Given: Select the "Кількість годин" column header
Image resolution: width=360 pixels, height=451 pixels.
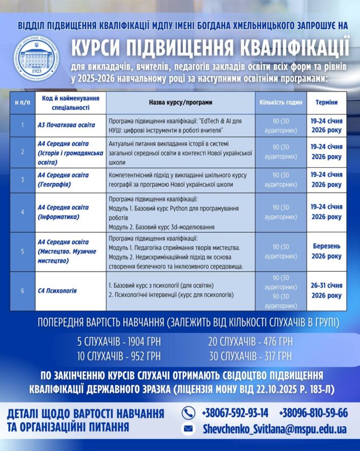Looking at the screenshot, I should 280,102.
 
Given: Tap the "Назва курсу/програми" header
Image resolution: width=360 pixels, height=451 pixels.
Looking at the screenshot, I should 181,102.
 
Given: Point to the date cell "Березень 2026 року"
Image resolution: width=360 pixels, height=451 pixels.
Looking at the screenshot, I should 327,251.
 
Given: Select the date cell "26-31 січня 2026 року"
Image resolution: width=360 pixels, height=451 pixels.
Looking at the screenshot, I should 327,291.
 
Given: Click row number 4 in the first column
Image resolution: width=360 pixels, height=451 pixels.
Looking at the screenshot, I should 23,212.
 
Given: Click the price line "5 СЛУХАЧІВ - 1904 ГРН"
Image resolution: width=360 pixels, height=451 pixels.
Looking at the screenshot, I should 119,341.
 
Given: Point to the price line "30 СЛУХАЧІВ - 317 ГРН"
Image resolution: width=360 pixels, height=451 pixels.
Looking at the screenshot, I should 250,356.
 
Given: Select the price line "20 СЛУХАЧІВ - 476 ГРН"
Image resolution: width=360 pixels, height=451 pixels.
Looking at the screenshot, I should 250,341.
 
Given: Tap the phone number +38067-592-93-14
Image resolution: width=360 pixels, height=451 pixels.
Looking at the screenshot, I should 235,413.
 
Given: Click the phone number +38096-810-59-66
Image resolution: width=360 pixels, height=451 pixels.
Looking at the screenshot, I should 313,413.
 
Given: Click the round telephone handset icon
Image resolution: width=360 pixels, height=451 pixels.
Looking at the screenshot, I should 189,413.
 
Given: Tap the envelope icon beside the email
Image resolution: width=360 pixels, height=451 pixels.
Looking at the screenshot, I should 189,428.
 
